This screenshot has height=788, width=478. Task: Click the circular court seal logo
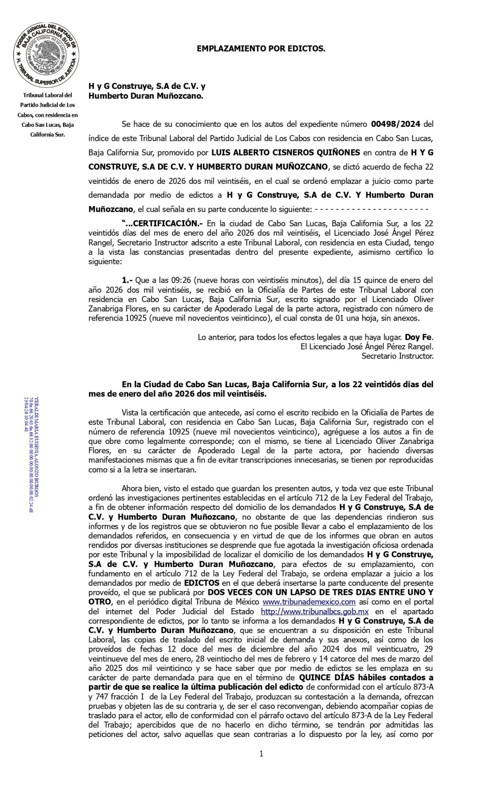(x=47, y=56)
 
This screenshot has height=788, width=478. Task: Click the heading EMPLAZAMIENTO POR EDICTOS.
(x=261, y=49)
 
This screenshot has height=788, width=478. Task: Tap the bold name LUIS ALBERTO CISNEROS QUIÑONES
(x=286, y=152)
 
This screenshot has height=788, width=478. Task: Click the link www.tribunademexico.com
(x=309, y=602)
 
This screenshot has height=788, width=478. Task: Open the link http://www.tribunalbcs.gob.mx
(x=315, y=611)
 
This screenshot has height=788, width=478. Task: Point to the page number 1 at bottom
(x=261, y=754)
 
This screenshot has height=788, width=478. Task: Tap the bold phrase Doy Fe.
(x=419, y=337)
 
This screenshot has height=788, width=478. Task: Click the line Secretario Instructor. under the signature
(x=397, y=356)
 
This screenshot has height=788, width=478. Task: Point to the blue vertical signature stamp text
(x=31, y=454)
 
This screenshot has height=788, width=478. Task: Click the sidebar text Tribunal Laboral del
(x=47, y=95)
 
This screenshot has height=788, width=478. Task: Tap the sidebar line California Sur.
(x=47, y=134)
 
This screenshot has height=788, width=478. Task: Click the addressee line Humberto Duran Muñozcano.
(x=146, y=96)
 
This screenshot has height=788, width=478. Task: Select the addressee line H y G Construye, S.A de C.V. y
(x=147, y=87)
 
